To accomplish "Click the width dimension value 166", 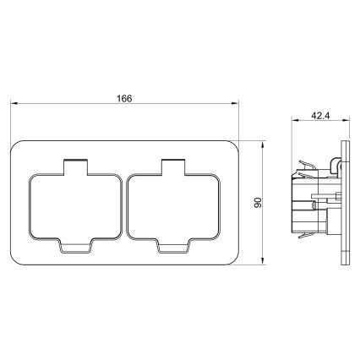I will pos(124,99).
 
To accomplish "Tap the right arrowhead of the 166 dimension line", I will pos(237,106).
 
